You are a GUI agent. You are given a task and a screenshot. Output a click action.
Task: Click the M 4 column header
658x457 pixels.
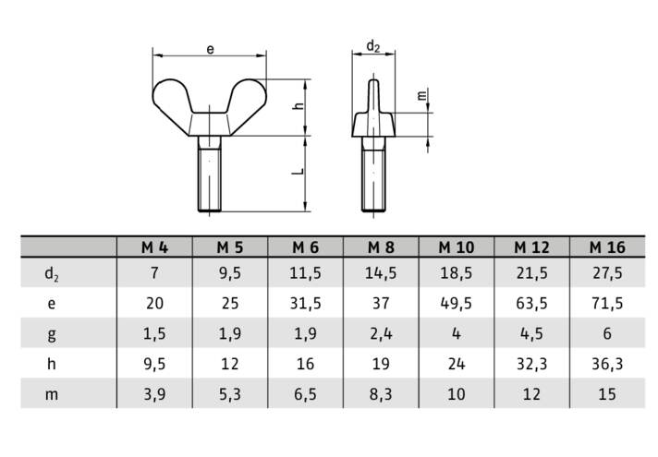coord(154,247)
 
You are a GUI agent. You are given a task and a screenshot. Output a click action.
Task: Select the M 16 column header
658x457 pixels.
coord(607,247)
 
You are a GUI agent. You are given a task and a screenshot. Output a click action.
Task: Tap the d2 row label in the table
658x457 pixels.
coord(52,274)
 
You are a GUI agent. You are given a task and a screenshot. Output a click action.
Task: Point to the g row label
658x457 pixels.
coord(52,334)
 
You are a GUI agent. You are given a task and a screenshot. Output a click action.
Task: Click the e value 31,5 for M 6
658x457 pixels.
coord(306,303)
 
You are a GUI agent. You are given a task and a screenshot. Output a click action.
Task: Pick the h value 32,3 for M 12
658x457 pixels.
coord(531,364)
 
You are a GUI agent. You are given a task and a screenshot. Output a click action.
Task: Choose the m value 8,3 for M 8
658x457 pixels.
coord(381,394)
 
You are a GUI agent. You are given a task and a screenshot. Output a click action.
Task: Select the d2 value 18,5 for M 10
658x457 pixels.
coord(457,273)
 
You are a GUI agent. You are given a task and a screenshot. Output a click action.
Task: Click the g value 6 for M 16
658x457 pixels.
coord(607,333)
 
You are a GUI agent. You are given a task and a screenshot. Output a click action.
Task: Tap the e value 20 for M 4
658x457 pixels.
coord(154,303)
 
